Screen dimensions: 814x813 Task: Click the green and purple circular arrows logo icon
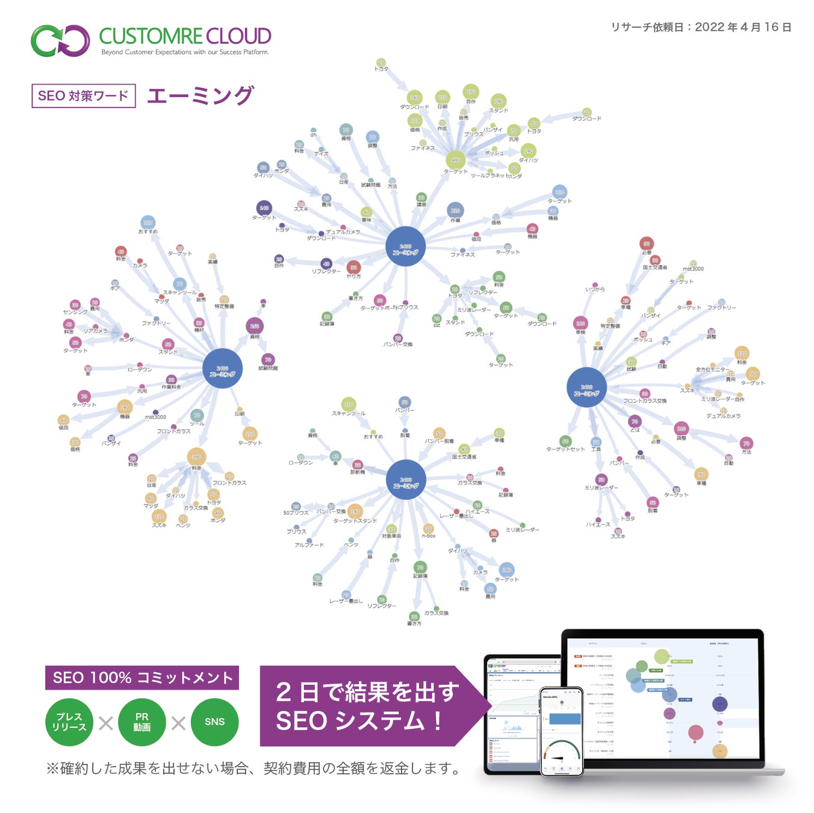(x=60, y=40)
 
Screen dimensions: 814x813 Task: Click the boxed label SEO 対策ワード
(x=83, y=96)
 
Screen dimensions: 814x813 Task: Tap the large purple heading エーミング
(x=200, y=96)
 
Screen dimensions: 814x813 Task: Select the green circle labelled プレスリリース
(x=69, y=722)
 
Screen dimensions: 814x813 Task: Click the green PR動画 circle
(x=142, y=722)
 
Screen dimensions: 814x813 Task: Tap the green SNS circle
(x=214, y=722)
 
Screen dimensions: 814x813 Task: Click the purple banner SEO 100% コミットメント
(x=142, y=677)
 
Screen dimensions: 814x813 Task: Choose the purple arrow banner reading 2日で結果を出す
(x=367, y=706)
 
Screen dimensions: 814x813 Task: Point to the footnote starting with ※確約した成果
(x=253, y=768)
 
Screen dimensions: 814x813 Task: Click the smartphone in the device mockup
(x=561, y=731)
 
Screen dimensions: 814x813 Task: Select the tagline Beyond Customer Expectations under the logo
(x=185, y=52)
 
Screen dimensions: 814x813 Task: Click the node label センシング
(x=75, y=312)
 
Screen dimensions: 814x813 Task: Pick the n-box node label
(x=429, y=535)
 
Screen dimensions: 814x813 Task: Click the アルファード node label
(x=309, y=545)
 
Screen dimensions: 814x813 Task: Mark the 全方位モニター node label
(x=712, y=369)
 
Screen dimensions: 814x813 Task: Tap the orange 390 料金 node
(x=196, y=457)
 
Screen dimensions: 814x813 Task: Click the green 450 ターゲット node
(x=455, y=160)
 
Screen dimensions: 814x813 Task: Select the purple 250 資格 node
(x=255, y=326)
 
